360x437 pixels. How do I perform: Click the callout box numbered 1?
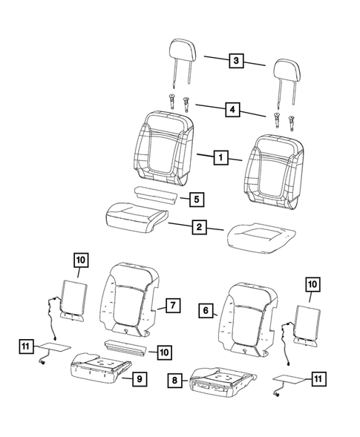click(x=219, y=157)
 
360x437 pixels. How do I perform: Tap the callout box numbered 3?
click(x=235, y=62)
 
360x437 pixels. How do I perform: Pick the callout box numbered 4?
click(x=235, y=110)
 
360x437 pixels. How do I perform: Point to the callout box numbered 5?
click(x=196, y=200)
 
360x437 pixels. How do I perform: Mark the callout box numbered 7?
click(x=171, y=305)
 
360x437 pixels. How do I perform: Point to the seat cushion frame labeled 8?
click(x=220, y=381)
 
